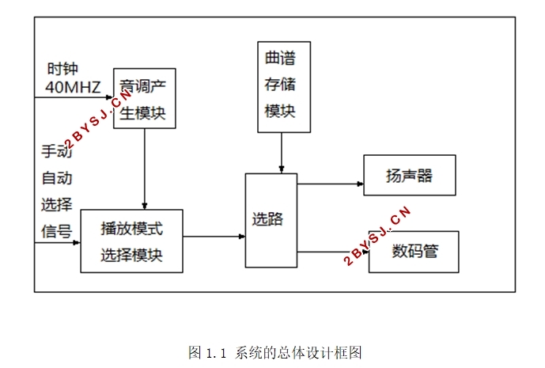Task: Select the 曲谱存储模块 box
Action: click(x=283, y=86)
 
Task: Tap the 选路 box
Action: click(x=271, y=220)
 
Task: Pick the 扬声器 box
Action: click(x=409, y=176)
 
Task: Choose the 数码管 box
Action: click(x=414, y=252)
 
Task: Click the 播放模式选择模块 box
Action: click(x=131, y=241)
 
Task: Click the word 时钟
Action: click(x=62, y=69)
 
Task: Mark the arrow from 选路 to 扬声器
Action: click(x=330, y=184)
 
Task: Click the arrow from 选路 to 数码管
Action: click(x=332, y=252)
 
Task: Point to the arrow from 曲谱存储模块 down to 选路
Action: click(x=282, y=152)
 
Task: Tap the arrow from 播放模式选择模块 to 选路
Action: click(x=214, y=236)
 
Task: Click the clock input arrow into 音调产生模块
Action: click(x=74, y=97)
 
